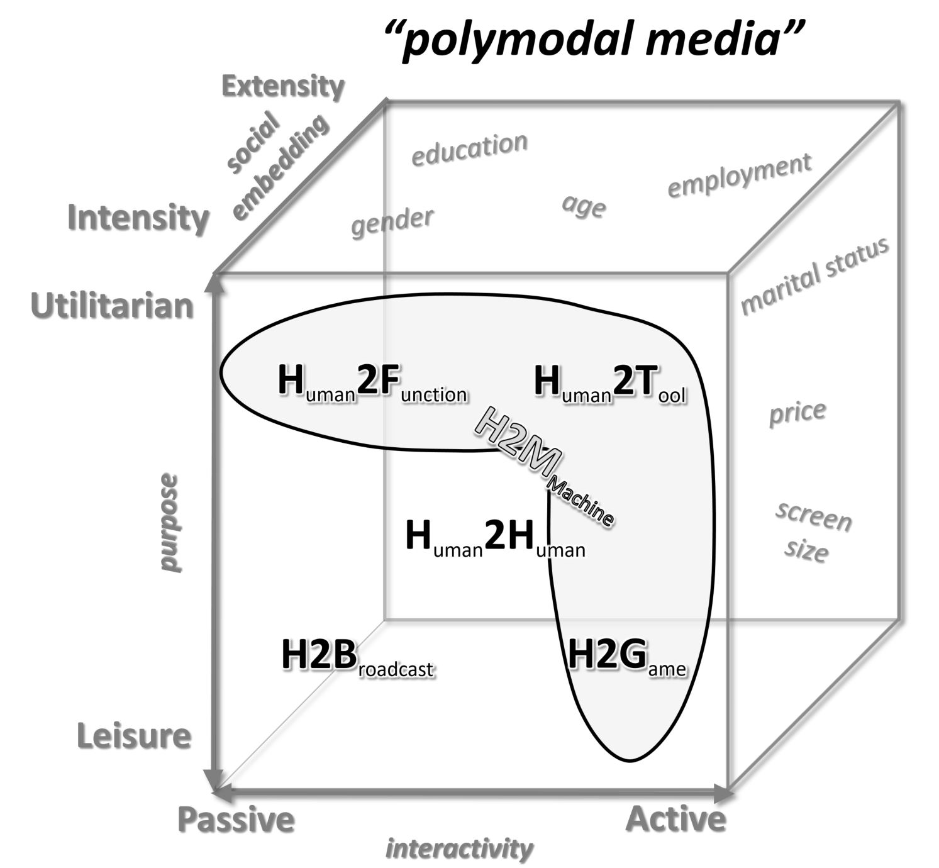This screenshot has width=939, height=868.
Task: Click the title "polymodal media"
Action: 594,38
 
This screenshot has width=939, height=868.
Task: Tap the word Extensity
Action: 283,87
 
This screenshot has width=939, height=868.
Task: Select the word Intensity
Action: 138,218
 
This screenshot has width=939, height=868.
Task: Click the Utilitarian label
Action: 112,306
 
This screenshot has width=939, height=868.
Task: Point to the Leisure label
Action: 134,735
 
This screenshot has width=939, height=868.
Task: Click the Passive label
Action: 236,819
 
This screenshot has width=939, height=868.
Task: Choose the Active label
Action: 676,819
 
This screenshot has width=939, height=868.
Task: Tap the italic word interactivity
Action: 459,849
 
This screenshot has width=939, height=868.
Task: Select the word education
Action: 469,149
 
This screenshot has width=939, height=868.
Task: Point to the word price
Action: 797,413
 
